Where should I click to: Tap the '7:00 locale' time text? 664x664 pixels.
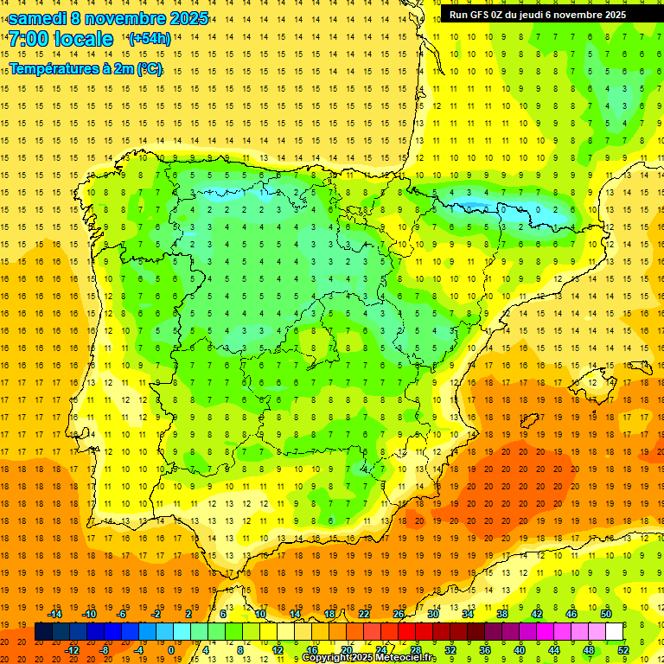61,39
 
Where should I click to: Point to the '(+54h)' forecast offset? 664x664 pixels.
150,39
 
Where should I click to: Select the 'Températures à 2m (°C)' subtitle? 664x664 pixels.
86,68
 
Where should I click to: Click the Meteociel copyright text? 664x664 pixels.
368,658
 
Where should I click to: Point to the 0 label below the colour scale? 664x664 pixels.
170,649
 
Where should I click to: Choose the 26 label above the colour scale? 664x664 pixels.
399,614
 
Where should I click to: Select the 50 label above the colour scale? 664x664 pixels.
605,614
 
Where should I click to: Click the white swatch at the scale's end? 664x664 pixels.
614,632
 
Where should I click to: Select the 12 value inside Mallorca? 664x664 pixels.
592,382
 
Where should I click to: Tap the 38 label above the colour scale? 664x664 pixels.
501,614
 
